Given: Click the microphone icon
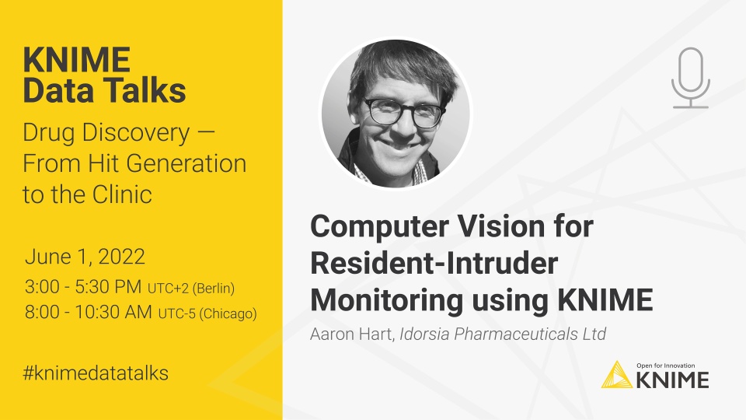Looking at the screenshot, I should coord(690,76).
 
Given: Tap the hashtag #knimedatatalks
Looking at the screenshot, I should coord(96,373).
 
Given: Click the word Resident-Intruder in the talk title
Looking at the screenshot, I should coord(434,263).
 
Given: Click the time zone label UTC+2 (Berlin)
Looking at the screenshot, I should coord(191,289).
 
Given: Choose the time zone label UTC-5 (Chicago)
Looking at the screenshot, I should coord(207,314).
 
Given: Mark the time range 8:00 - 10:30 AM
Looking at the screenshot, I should coord(89,313).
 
